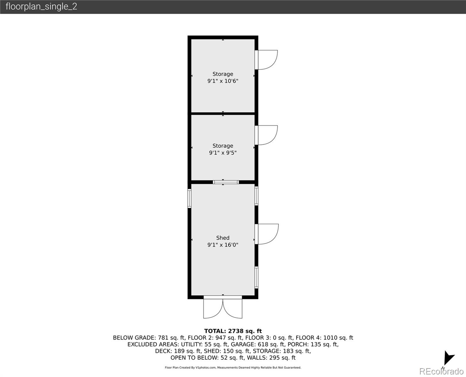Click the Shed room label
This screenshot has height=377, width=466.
pos(223,238)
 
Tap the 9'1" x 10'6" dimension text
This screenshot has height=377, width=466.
pos(223,81)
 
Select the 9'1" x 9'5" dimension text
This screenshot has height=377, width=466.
pos(223,153)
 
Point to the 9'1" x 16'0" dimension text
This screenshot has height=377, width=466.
pos(223,245)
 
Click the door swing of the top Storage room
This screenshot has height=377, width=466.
pos(267,59)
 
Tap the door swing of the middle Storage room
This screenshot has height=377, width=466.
pos(267,135)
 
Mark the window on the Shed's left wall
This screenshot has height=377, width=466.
pos(189,198)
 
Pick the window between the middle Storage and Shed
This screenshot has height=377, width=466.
pos(226,182)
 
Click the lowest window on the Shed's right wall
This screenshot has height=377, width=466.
pos(256,277)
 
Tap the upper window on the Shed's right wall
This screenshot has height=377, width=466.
pos(256,196)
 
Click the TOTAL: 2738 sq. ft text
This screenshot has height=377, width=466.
pos(233,331)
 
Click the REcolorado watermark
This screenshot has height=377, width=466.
pos(441,371)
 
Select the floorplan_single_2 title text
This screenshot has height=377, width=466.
pos(41,7)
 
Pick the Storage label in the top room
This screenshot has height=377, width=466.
pos(223,74)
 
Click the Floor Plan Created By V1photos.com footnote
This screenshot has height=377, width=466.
pos(233,368)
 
